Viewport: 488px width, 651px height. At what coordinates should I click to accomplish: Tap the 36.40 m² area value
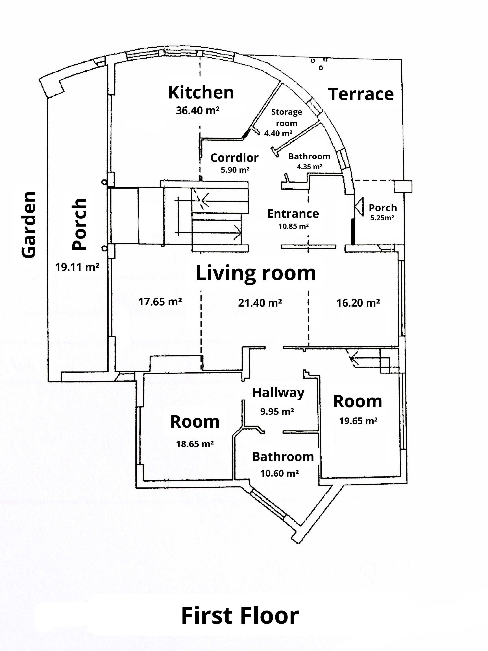click(198, 111)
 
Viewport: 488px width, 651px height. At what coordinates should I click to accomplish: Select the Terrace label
click(361, 94)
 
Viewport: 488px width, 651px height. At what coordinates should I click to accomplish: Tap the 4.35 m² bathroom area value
click(309, 167)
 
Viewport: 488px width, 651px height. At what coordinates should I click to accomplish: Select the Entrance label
click(293, 214)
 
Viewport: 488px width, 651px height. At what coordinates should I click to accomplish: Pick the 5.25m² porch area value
click(382, 218)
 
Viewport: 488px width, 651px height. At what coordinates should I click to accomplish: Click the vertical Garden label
click(29, 225)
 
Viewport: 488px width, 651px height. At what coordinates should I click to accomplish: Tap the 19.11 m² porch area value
click(77, 267)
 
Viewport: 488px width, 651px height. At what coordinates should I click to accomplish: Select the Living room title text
click(256, 273)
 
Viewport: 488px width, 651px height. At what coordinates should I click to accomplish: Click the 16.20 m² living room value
click(358, 303)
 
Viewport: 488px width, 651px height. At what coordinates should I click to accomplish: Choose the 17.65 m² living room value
click(160, 302)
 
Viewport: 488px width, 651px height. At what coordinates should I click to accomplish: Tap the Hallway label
click(278, 393)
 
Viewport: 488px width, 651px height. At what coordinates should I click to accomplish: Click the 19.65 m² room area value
click(358, 421)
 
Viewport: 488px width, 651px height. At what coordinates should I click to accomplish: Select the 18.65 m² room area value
click(195, 444)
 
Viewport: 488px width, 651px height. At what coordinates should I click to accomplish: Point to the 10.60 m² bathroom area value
click(279, 473)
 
